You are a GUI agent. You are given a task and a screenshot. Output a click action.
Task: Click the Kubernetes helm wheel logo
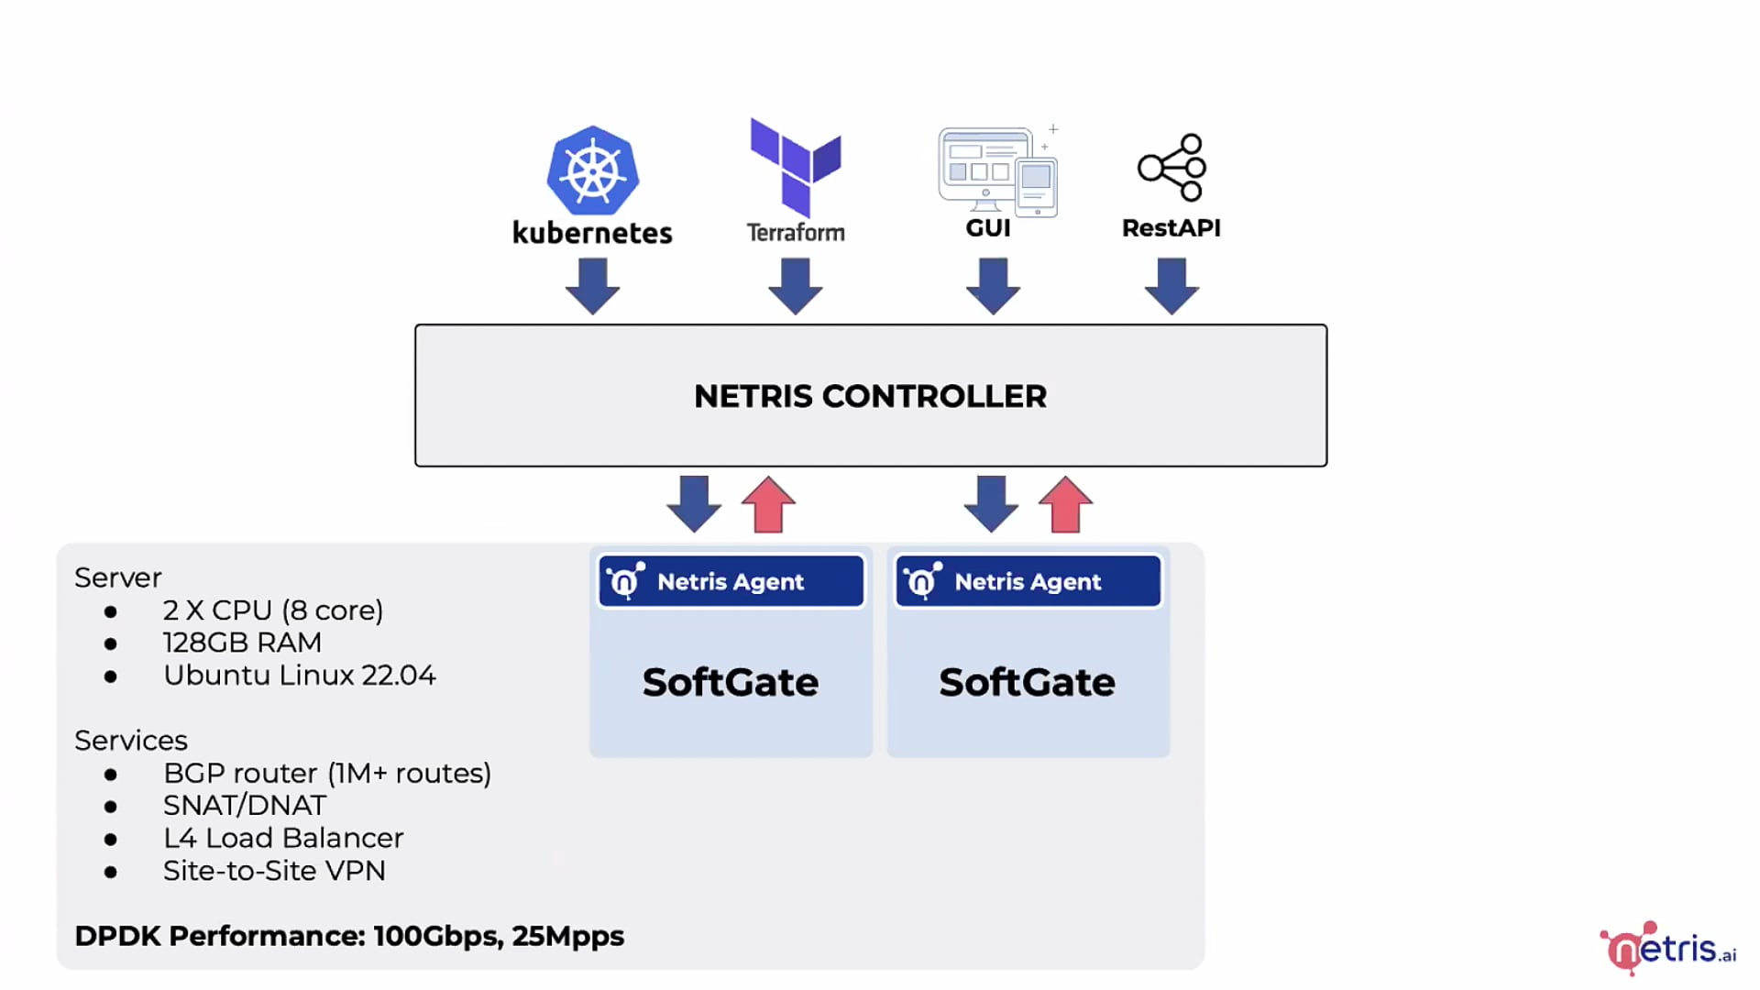tap(592, 170)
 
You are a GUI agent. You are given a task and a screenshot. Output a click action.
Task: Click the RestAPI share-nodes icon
tap(1171, 168)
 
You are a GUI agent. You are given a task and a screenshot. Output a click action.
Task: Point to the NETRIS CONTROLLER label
tap(870, 396)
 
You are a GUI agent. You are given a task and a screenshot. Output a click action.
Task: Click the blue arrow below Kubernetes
tap(592, 286)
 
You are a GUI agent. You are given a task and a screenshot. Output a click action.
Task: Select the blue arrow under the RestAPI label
tap(1171, 286)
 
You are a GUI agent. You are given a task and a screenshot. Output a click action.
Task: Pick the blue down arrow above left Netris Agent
tap(694, 504)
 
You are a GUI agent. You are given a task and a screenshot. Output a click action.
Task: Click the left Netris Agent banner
tap(731, 581)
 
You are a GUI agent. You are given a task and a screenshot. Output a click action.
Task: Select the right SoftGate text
tap(1027, 682)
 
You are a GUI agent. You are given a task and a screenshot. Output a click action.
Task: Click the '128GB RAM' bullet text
tap(242, 643)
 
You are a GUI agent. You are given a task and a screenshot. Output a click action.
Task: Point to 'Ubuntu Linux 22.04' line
tap(299, 676)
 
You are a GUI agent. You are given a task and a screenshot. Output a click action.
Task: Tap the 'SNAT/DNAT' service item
tap(244, 806)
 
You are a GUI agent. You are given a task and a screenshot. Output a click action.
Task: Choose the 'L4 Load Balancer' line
tap(282, 838)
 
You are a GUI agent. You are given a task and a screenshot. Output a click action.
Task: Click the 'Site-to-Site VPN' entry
tap(274, 871)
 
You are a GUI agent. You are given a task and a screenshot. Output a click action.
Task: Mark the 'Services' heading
tap(131, 741)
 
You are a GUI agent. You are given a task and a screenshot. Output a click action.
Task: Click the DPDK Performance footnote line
tap(349, 936)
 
